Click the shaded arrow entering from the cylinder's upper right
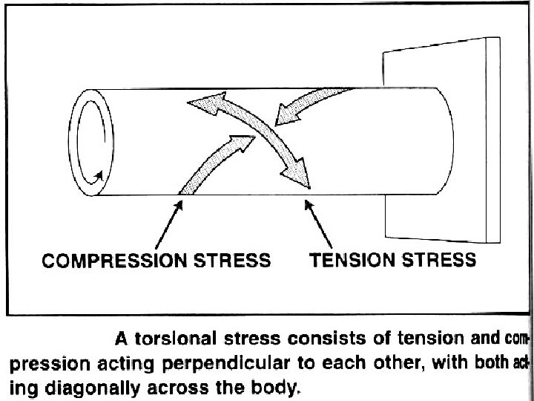[x=311, y=105]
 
